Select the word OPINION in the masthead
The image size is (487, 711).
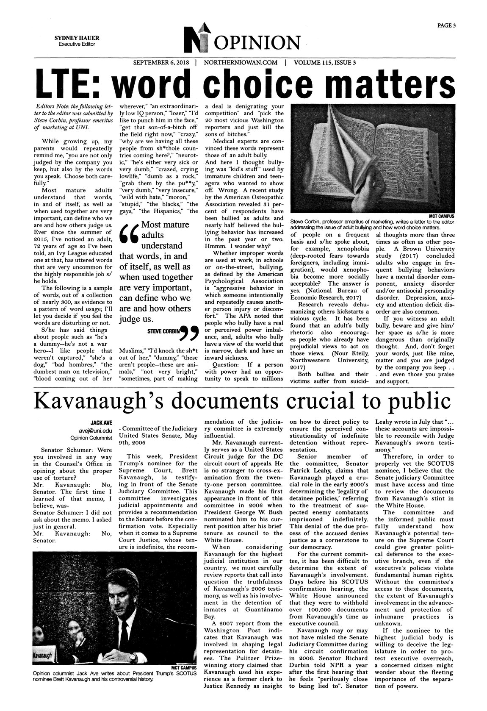tap(260, 43)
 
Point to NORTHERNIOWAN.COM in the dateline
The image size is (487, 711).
tap(241, 63)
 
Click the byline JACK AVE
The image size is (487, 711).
tap(101, 422)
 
